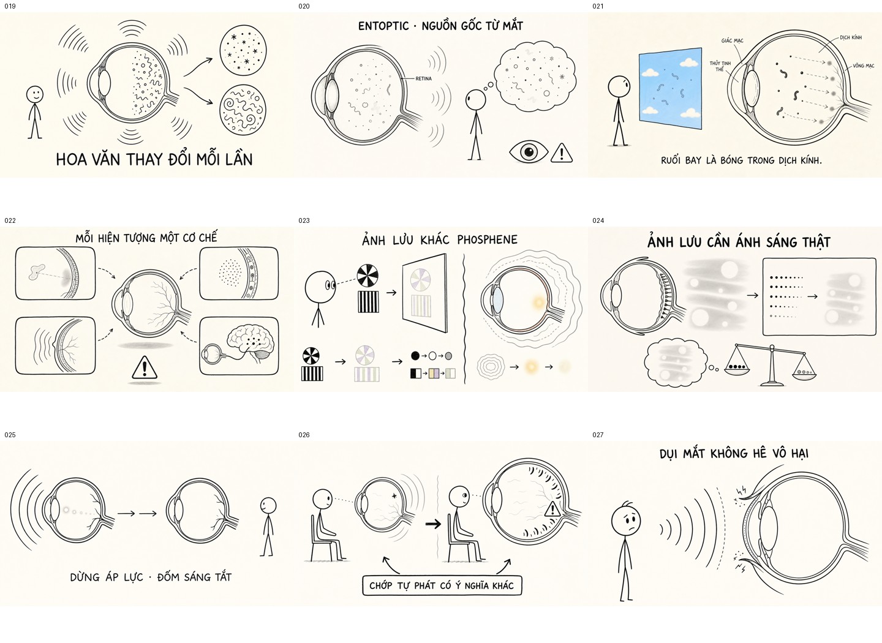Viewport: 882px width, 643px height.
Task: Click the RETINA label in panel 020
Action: (x=423, y=79)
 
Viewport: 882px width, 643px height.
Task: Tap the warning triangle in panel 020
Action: (x=562, y=152)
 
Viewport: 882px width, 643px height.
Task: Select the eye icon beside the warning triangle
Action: (x=529, y=152)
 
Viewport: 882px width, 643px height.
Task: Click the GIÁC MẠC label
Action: (x=733, y=40)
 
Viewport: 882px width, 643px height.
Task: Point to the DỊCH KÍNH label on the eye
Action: (x=851, y=37)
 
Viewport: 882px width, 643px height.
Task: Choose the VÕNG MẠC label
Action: (x=864, y=66)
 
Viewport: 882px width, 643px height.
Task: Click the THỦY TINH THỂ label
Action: (x=720, y=66)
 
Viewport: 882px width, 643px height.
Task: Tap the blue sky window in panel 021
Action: (x=671, y=89)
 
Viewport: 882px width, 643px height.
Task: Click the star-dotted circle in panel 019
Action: (x=243, y=50)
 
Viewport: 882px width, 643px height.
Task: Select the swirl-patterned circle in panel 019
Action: (x=243, y=110)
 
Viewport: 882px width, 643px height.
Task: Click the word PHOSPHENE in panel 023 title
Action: (x=487, y=240)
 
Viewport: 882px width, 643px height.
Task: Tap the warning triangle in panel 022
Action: (x=145, y=367)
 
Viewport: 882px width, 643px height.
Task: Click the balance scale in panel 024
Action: (x=772, y=364)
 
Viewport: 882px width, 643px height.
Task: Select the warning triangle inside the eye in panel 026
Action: (x=552, y=509)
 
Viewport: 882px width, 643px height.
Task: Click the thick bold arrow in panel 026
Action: (x=433, y=524)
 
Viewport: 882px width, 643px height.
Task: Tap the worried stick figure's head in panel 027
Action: (x=626, y=521)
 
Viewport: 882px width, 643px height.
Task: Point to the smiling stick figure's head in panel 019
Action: (x=35, y=95)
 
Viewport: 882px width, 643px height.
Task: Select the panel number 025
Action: (x=10, y=435)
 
